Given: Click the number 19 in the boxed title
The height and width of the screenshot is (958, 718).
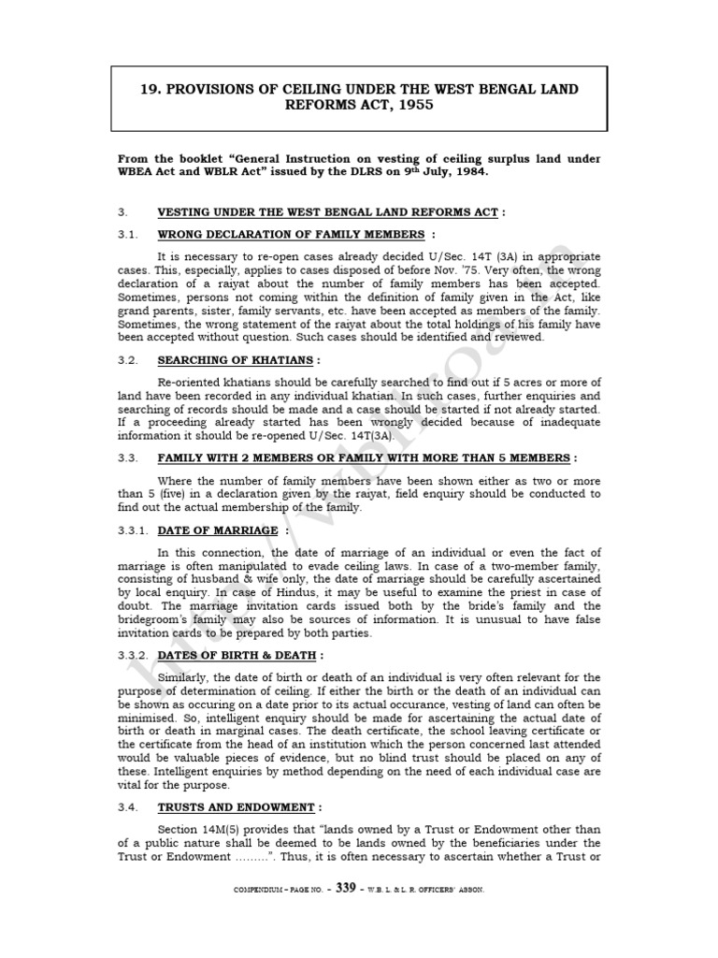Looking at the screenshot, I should click(149, 89).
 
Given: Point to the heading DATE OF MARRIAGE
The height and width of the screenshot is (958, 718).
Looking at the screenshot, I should click(217, 530).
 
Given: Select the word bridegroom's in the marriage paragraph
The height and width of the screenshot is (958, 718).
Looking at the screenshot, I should click(153, 619).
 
